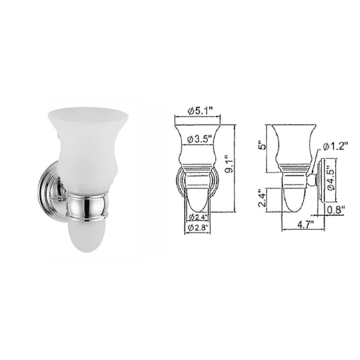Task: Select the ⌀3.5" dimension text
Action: (x=196, y=139)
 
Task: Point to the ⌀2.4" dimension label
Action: (x=196, y=218)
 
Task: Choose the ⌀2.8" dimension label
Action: (x=196, y=228)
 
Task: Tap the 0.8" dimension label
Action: (x=336, y=209)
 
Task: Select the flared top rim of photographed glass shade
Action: (x=88, y=112)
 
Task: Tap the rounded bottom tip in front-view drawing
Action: (x=196, y=205)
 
